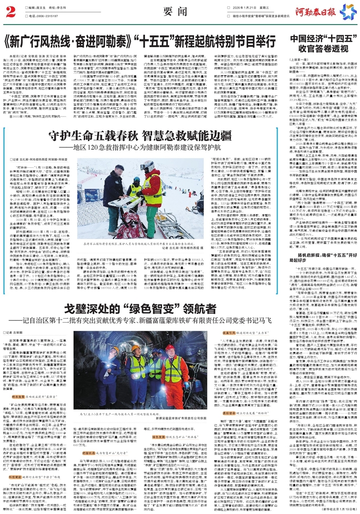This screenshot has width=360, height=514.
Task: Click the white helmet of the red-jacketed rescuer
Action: (x=148, y=165)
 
